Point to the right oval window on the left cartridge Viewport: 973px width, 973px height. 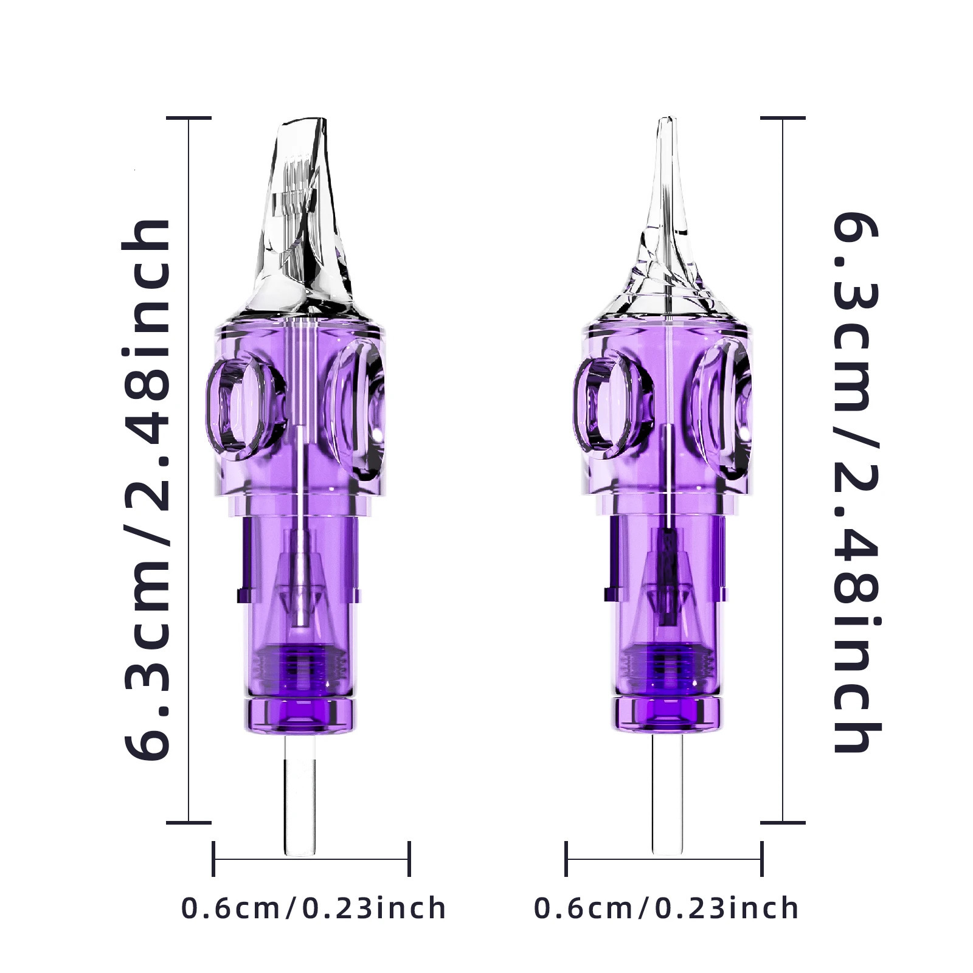point(356,404)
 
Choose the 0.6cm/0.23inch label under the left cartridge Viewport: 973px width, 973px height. point(314,908)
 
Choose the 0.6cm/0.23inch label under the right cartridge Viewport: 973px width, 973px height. point(667,908)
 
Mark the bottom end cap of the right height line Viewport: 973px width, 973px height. point(783,822)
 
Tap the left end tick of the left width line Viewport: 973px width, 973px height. point(213,859)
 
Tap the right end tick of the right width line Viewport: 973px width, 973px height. point(761,859)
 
